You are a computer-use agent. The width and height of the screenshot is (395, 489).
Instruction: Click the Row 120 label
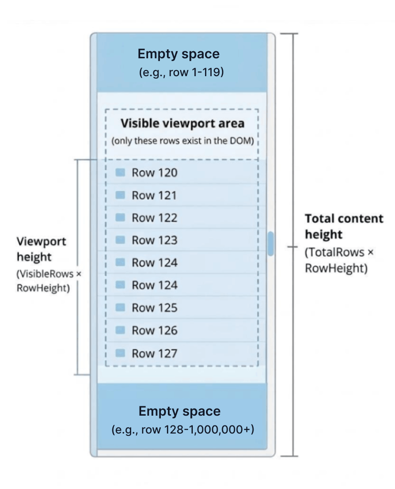[x=154, y=173]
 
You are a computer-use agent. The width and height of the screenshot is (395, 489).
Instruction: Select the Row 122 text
[x=154, y=218]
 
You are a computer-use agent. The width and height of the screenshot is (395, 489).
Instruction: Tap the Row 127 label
[x=154, y=353]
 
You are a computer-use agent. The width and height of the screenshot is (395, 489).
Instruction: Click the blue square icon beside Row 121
[x=120, y=195]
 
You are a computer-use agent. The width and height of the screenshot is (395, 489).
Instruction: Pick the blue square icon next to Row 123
[x=120, y=240]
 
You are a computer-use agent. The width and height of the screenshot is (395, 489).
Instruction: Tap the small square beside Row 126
[x=120, y=330]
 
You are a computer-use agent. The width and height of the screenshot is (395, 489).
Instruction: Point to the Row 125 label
[x=154, y=308]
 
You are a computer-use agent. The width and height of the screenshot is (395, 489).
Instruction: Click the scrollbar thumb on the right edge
[x=271, y=244]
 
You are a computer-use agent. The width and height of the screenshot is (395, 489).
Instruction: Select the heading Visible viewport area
[x=182, y=124]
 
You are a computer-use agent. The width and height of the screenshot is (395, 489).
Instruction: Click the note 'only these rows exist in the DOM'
[x=182, y=141]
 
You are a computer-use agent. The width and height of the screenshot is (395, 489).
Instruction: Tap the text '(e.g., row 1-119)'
[x=181, y=72]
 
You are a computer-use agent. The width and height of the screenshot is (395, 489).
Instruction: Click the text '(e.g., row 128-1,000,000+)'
[x=183, y=429]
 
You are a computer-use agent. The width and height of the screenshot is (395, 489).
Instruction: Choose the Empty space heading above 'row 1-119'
[x=179, y=54]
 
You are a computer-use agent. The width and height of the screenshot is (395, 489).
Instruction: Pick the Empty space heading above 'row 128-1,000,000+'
[x=180, y=411]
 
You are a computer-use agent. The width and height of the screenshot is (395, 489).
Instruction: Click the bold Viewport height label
[x=41, y=249]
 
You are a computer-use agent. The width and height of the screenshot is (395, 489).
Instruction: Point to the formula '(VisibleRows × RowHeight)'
[x=49, y=281]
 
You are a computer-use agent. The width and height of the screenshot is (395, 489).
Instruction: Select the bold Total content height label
[x=344, y=227]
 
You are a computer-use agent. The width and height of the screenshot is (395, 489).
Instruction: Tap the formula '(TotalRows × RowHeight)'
[x=339, y=260]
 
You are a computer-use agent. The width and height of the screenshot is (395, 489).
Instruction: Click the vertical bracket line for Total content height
[x=293, y=245]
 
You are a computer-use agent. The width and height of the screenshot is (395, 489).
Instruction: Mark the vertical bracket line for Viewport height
[x=78, y=267]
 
